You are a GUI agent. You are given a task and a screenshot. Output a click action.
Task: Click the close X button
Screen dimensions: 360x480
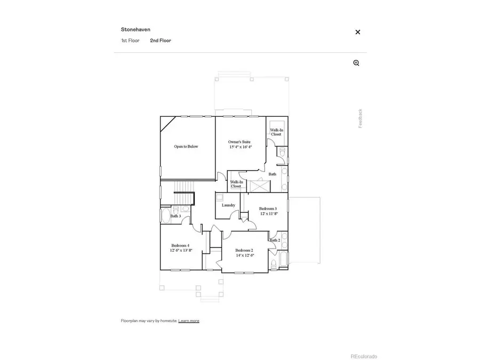[x=358, y=32]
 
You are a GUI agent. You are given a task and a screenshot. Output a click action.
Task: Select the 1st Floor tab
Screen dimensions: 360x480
[x=130, y=41]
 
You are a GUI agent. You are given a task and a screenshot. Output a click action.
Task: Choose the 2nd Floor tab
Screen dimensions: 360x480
[x=161, y=41]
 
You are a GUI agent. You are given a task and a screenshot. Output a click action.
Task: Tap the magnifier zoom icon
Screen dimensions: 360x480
[x=356, y=63]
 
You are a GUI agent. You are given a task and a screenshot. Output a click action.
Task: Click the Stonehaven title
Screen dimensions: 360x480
[x=135, y=30]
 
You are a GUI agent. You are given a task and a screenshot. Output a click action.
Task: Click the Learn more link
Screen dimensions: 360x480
[x=189, y=321]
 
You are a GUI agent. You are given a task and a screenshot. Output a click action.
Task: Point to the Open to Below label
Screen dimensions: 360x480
[x=186, y=146]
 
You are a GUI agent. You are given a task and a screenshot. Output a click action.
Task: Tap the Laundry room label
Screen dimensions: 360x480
[x=228, y=205]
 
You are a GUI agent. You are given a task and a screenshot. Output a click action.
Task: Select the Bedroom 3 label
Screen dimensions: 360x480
[x=268, y=209]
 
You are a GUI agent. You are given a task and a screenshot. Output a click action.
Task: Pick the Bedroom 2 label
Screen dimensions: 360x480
[x=244, y=250]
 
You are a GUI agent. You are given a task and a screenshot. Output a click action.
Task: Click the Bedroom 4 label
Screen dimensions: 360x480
[x=180, y=245]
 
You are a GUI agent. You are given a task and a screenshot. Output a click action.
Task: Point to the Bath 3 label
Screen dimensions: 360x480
[x=175, y=216]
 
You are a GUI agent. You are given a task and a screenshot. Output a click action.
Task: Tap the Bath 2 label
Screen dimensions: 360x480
[x=275, y=240]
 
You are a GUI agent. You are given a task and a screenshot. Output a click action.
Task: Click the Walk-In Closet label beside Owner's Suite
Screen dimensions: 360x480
[x=276, y=132]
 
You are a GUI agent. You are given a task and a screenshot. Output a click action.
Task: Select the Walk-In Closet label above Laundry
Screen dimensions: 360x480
[x=236, y=184]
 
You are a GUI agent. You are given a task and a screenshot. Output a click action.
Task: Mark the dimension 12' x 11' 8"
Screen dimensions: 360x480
[x=268, y=213]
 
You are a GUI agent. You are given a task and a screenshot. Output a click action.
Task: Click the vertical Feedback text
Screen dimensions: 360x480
[x=361, y=118]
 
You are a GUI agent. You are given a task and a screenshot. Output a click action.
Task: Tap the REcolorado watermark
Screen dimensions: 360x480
[x=363, y=356]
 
